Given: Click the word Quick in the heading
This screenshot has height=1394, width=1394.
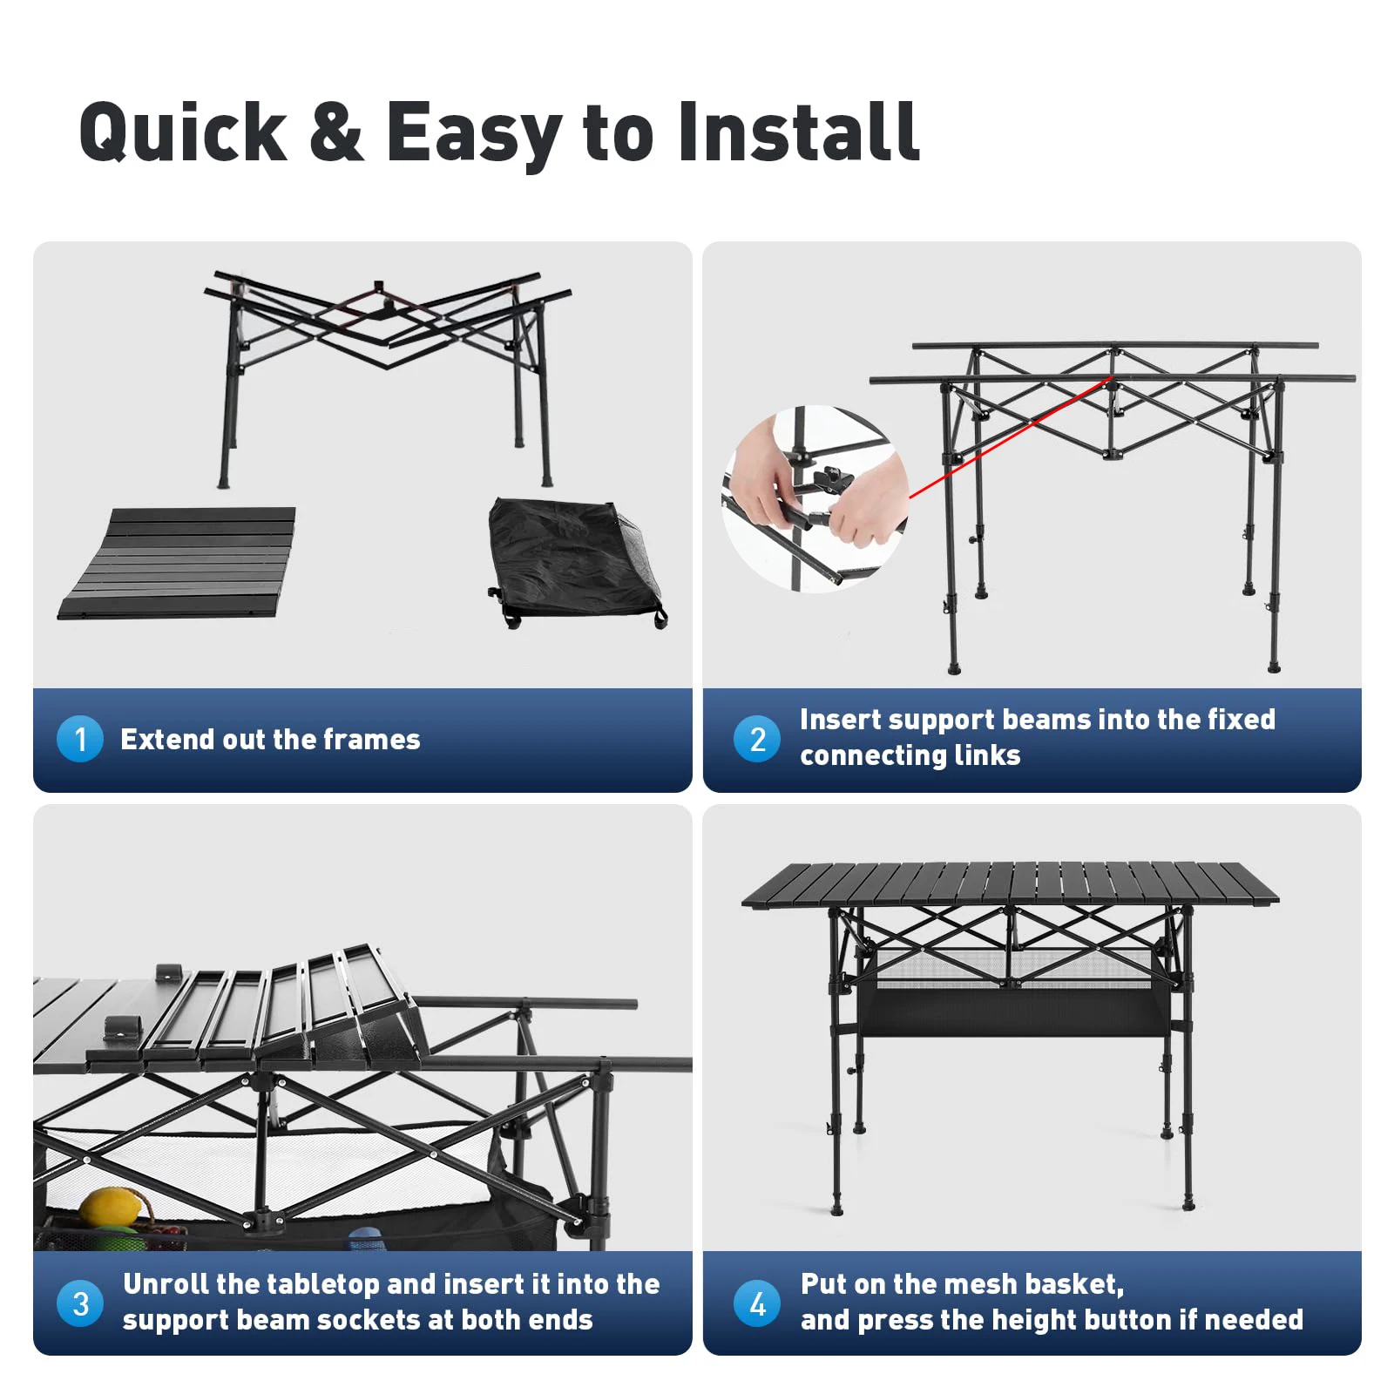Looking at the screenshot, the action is pyautogui.click(x=183, y=132).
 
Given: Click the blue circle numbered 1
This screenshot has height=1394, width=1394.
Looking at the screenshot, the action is pyautogui.click(x=80, y=739).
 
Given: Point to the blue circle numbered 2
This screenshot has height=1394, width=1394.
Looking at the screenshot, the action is pyautogui.click(x=757, y=739).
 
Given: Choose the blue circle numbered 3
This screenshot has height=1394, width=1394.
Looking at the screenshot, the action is pyautogui.click(x=80, y=1303).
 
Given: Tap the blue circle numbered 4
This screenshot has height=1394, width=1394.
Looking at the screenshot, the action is pyautogui.click(x=757, y=1303).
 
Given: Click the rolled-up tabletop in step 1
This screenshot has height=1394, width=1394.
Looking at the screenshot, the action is pyautogui.click(x=178, y=563).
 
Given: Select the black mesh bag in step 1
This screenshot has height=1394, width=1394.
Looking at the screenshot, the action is pyautogui.click(x=575, y=562).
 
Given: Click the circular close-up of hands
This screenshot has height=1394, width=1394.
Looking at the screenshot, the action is pyautogui.click(x=815, y=499).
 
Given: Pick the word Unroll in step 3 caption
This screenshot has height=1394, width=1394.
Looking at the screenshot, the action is pyautogui.click(x=166, y=1284).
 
